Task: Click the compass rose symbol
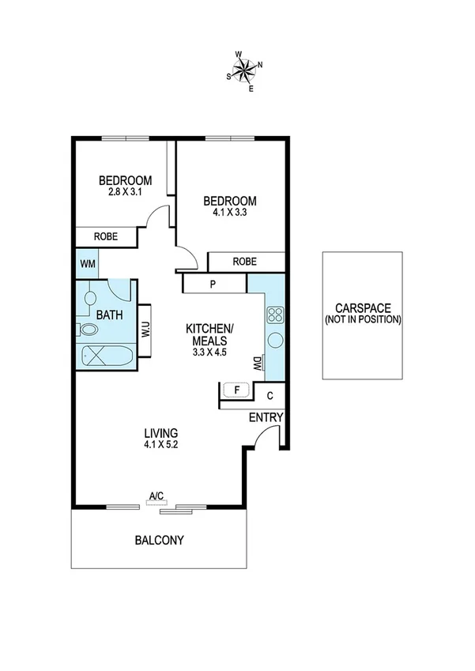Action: pos(246,70)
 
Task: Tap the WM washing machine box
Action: pos(86,263)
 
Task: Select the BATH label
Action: pos(109,315)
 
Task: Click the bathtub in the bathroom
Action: pos(106,356)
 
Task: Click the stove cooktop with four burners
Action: pos(276,316)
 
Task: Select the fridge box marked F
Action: pos(235,390)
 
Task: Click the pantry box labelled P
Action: pos(213,284)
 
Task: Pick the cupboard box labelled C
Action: pos(270,396)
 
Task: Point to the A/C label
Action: pos(156,496)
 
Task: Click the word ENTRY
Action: pos(266,417)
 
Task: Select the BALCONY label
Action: pos(159,541)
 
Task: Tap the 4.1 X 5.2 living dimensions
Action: pos(160,445)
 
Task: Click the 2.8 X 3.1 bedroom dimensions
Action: pos(125,191)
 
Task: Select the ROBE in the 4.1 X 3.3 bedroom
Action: pos(245,262)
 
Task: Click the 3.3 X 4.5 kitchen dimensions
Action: pos(209,352)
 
